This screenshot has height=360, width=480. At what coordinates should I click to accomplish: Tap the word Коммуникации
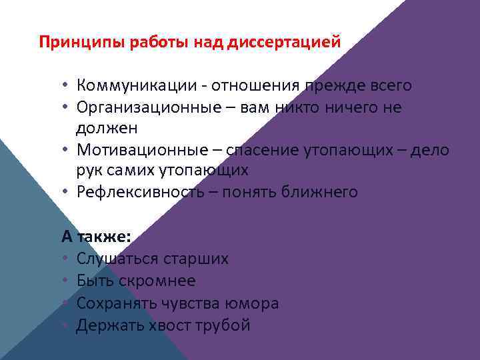click(x=136, y=86)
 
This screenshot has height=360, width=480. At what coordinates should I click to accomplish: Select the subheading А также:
click(x=96, y=237)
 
